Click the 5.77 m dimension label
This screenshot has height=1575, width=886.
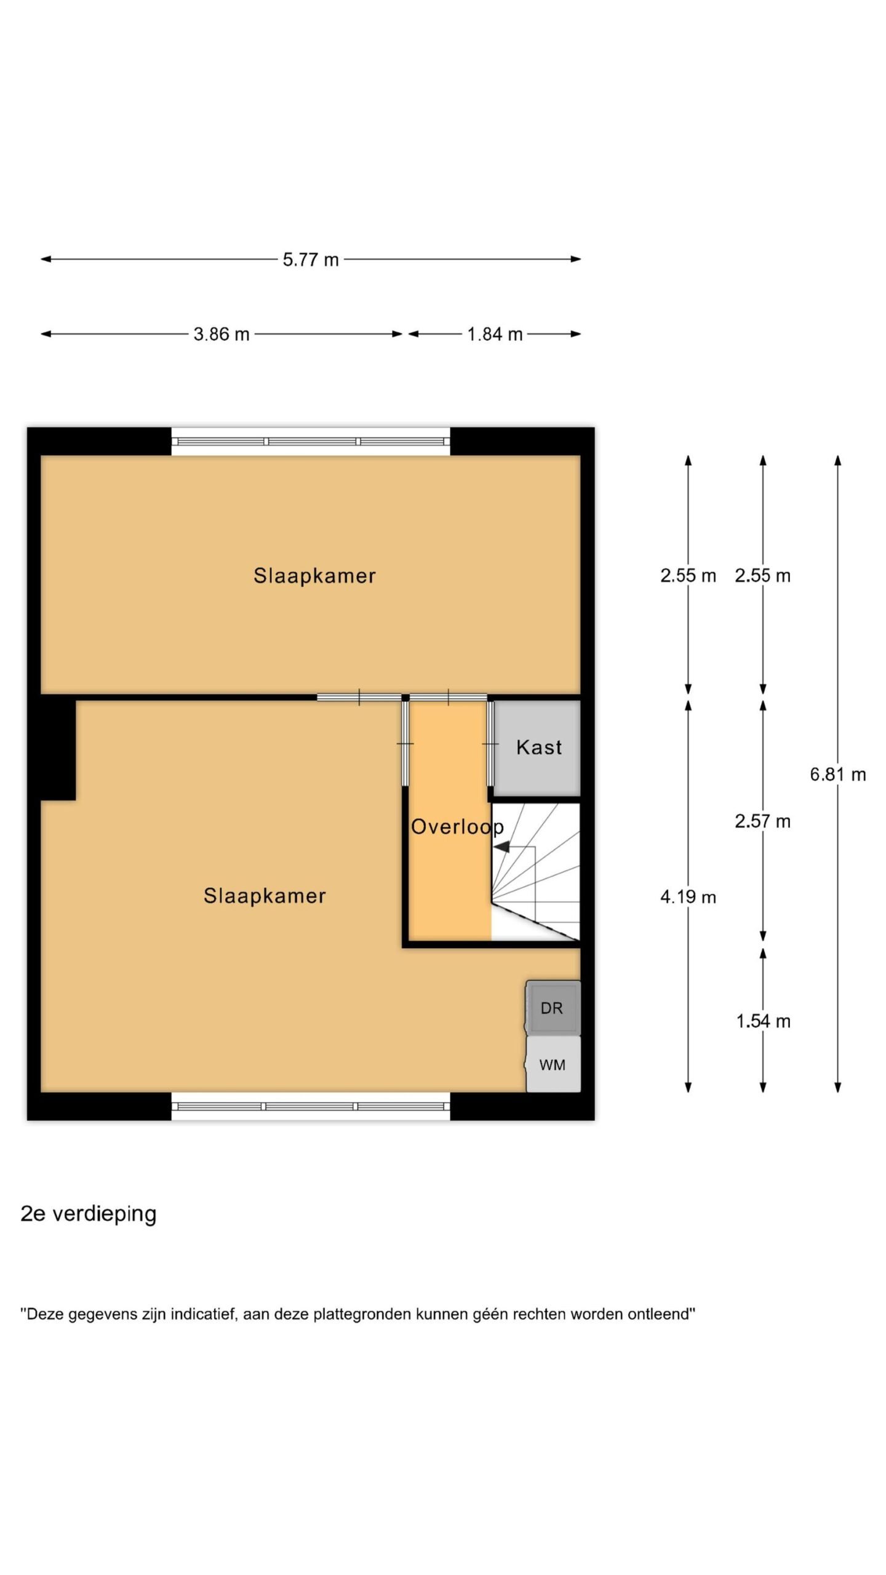[x=311, y=260]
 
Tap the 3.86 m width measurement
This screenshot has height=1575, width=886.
[x=221, y=334]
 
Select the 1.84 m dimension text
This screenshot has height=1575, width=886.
[x=495, y=334]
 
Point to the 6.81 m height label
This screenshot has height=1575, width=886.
[x=837, y=774]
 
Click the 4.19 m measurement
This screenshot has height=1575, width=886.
[x=688, y=897]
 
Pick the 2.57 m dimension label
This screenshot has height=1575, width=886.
[x=762, y=821]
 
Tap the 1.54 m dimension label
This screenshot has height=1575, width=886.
[x=763, y=1021]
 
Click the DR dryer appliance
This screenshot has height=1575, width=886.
[x=552, y=1008]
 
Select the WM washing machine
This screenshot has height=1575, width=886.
[x=553, y=1064]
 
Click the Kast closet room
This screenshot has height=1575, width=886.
[x=537, y=748]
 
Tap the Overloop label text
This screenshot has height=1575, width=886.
[x=457, y=827]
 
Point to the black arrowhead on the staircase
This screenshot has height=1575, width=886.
[x=501, y=847]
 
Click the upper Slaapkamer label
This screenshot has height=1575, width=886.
[x=314, y=576]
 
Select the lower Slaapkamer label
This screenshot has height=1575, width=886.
[x=265, y=896]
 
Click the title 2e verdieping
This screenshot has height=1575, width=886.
[x=89, y=1214]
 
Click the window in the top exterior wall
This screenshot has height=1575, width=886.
[x=311, y=441]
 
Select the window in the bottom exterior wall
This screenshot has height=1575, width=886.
[x=311, y=1106]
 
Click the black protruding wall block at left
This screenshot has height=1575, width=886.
[x=58, y=749]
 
